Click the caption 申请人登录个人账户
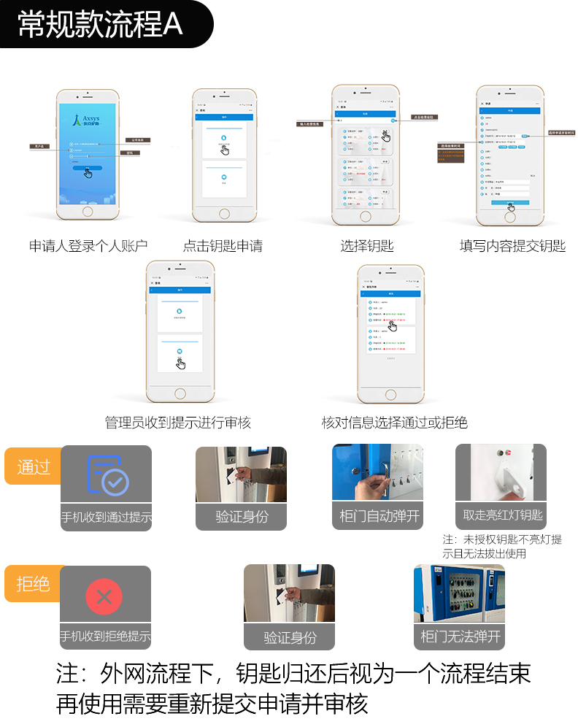point(88,246)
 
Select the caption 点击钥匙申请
point(223,246)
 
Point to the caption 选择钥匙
point(367,246)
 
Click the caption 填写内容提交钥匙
point(512,246)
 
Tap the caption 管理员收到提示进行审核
point(178,423)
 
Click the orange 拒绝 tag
point(33,584)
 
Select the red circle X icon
point(104,597)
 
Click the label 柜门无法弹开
point(461,636)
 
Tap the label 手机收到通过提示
point(106,518)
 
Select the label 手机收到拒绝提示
point(106,636)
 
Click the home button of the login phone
point(88,212)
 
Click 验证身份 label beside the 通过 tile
point(242,516)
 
